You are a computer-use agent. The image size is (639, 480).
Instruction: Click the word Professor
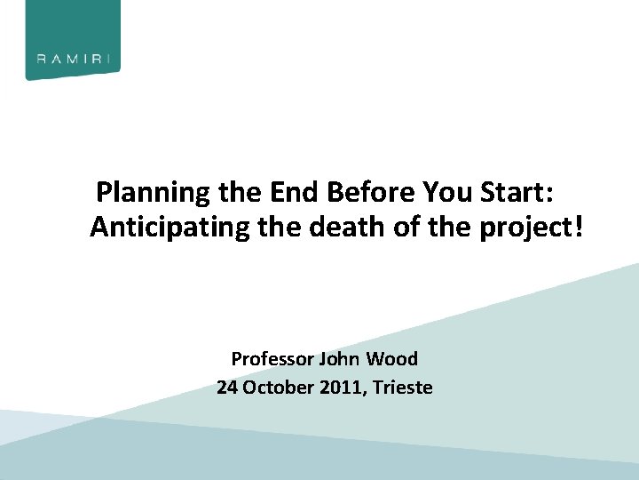[272, 360]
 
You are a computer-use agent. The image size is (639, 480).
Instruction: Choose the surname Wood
[391, 359]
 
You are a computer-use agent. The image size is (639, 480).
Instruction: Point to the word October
[276, 388]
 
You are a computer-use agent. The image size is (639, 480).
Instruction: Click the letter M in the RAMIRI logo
[74, 60]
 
